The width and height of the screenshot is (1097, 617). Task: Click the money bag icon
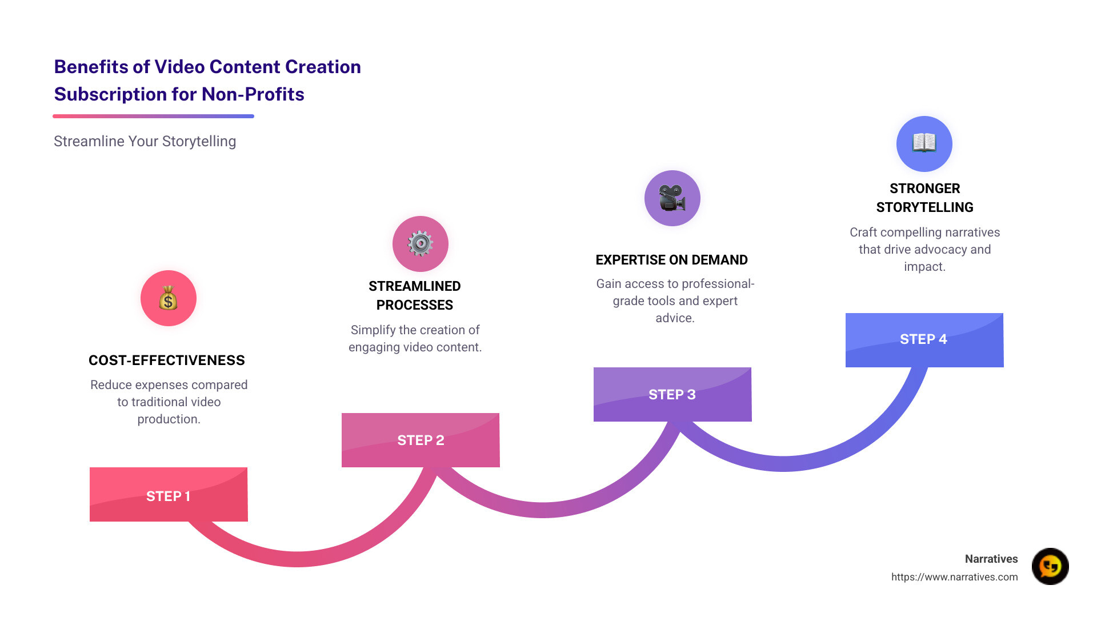pyautogui.click(x=168, y=298)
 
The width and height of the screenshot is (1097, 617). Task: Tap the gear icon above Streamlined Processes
pyautogui.click(x=420, y=244)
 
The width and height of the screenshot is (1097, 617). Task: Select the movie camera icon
pyautogui.click(x=672, y=198)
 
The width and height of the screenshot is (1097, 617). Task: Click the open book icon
pyautogui.click(x=924, y=143)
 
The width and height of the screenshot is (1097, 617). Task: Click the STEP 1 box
pyautogui.click(x=169, y=495)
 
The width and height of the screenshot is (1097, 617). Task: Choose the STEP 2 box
pyautogui.click(x=421, y=440)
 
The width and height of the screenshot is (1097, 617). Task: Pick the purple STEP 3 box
pyautogui.click(x=672, y=394)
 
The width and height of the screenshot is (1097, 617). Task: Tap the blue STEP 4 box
pyautogui.click(x=924, y=339)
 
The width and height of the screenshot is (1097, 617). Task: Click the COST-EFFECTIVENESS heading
pyautogui.click(x=167, y=360)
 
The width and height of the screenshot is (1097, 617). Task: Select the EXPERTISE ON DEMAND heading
pyautogui.click(x=671, y=260)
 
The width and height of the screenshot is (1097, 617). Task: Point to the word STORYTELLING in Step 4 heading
pyautogui.click(x=924, y=207)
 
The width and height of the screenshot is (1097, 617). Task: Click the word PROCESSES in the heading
pyautogui.click(x=414, y=305)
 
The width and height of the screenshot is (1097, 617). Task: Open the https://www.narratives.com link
pyautogui.click(x=954, y=577)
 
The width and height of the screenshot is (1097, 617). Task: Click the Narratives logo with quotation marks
pyautogui.click(x=1050, y=566)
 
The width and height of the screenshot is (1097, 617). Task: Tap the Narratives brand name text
pyautogui.click(x=991, y=559)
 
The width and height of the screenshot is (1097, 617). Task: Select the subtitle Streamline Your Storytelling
pyautogui.click(x=145, y=141)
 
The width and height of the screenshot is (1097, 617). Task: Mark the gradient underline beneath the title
pyautogui.click(x=153, y=116)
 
